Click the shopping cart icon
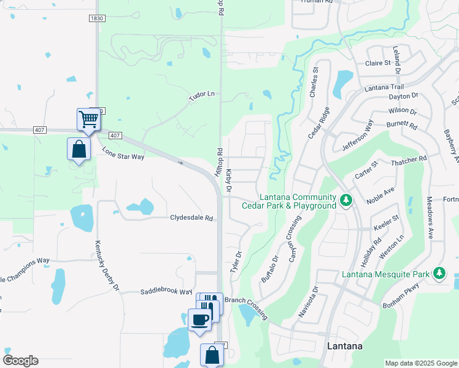[89, 118]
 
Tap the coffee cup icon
[199, 320]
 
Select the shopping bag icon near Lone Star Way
[79, 148]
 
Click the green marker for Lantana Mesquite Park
[439, 273]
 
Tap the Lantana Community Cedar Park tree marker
[346, 201]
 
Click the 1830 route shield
[96, 18]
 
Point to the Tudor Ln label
[202, 94]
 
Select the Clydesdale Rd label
[191, 218]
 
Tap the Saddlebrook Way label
[166, 292]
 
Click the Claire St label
[378, 63]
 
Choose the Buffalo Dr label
[270, 269]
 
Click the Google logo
[20, 361]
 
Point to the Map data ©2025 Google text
[420, 363]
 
